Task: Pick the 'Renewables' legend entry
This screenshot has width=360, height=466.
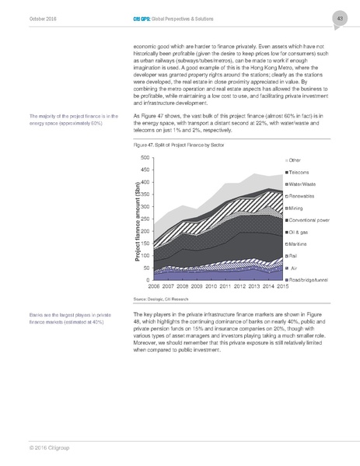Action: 305,195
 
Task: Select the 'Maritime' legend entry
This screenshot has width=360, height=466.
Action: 302,244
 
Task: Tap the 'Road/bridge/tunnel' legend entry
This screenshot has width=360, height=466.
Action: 313,279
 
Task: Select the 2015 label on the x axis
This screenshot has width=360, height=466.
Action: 274,286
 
